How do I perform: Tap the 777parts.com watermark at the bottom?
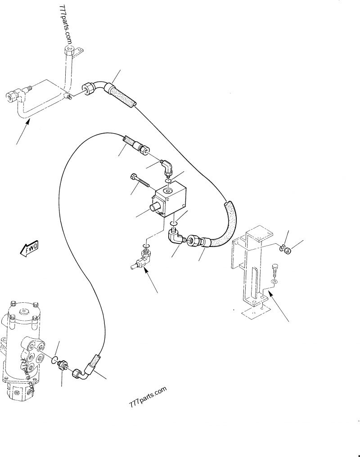[x=147, y=395]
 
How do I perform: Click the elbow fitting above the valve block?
[x=167, y=168]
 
